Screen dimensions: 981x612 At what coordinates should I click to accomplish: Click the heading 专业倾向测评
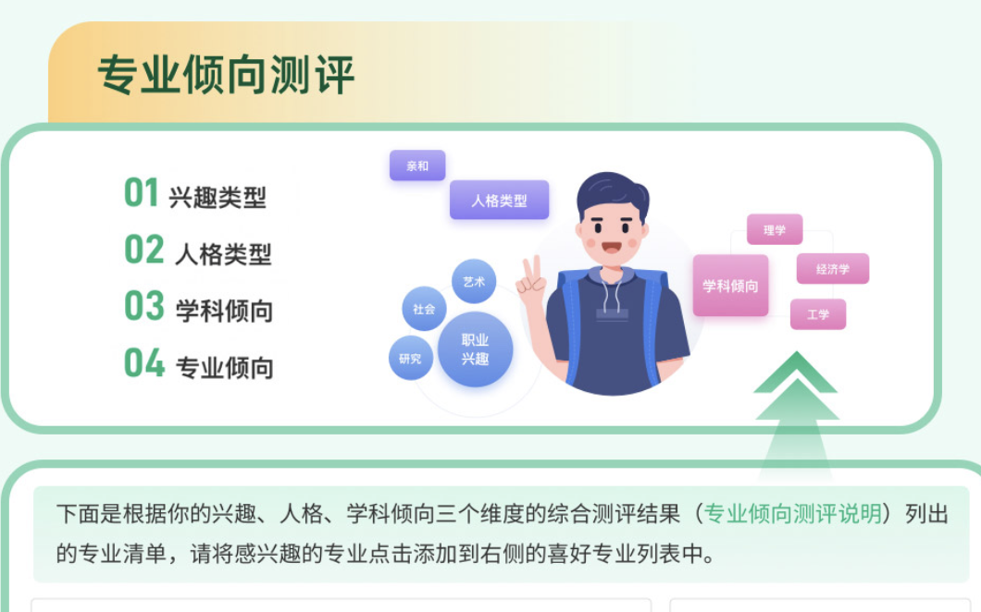coord(226,75)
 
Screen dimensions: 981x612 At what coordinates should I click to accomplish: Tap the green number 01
coord(142,192)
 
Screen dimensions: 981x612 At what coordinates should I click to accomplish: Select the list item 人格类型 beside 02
coord(223,254)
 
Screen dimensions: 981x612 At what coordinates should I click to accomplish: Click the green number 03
coord(143,306)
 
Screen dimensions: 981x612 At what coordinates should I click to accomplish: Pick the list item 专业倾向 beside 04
coord(225,368)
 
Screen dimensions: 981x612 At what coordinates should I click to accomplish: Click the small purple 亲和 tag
coord(417,165)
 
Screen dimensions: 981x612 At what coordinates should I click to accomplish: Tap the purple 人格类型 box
coord(499,200)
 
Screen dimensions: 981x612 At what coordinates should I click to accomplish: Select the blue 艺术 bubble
coord(474,281)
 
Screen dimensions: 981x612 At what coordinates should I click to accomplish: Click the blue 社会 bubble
coord(424,309)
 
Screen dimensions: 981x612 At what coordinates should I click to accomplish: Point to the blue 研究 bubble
coord(410,358)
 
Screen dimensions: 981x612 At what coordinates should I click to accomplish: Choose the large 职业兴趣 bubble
coord(475,349)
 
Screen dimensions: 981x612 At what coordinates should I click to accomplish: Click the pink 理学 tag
coord(775,229)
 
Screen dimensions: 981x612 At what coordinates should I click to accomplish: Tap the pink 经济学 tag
coord(833,269)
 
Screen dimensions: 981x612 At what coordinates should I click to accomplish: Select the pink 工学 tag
coord(818,313)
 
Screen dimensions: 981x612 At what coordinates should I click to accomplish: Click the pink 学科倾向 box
coord(730,286)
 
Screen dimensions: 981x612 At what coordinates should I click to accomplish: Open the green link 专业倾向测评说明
coord(793,514)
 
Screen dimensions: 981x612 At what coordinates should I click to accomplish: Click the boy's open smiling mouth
coord(611,248)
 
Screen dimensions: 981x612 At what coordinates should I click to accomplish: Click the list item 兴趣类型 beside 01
coord(217,198)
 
